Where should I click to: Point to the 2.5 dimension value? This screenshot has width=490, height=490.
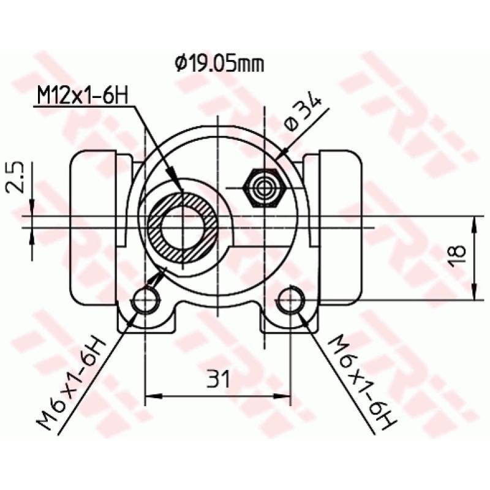[x=18, y=178]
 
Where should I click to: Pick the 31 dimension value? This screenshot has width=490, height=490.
[x=217, y=380]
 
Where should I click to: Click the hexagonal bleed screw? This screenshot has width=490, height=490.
[x=263, y=186]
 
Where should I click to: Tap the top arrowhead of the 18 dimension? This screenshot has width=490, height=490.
[x=475, y=224]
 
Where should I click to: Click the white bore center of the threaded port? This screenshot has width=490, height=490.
[x=183, y=228]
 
